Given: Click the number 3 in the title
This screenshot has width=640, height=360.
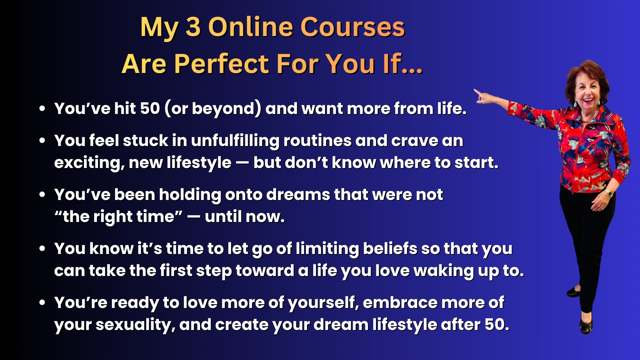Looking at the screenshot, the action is (193, 27).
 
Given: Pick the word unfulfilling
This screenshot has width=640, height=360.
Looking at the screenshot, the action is (235, 141).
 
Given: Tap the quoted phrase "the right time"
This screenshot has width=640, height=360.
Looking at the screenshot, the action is (118, 217).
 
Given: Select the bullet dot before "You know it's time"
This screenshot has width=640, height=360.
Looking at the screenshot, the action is (42, 249).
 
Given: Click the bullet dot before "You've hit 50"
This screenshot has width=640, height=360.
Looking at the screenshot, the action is (42, 109).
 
